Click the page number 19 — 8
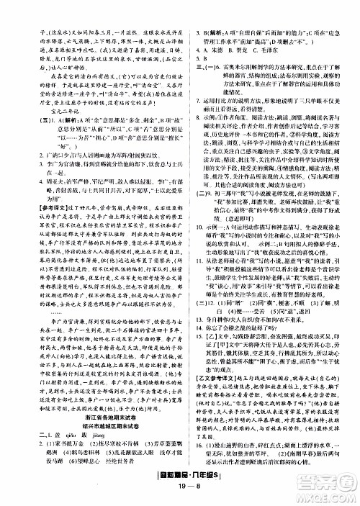180,494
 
